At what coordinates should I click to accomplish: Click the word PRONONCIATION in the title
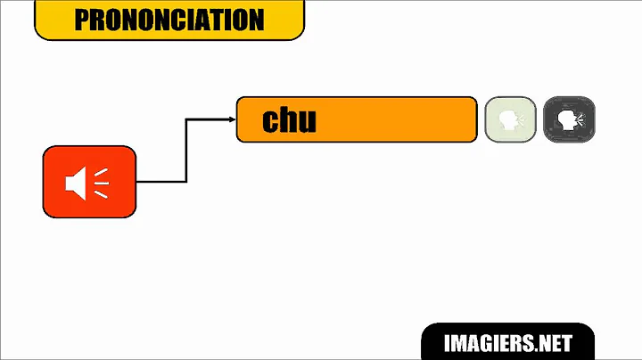(169, 20)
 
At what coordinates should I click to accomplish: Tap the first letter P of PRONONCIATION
(82, 20)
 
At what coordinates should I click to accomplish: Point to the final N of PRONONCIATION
(256, 20)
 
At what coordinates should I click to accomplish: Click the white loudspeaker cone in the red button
(78, 183)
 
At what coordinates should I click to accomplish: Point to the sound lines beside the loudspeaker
(101, 183)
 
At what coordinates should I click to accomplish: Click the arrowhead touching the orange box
(232, 119)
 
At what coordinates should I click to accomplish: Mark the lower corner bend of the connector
(186, 182)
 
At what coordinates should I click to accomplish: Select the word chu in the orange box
(289, 120)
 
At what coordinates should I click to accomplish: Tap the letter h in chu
(287, 119)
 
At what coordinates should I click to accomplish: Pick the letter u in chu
(308, 122)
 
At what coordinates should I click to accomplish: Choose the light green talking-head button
(510, 120)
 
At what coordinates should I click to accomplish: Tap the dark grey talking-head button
(569, 120)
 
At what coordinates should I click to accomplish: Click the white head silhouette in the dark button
(565, 119)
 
